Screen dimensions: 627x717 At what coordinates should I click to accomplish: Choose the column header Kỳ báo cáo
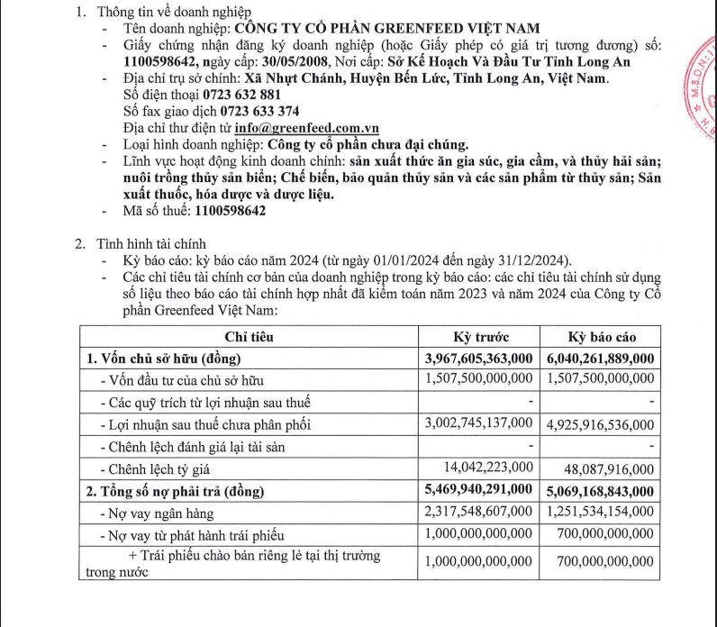click(602, 338)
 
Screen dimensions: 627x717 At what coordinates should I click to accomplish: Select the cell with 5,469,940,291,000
click(478, 490)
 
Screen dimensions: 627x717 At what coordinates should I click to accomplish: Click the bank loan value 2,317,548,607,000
click(478, 512)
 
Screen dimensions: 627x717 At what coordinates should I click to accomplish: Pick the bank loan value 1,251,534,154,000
click(600, 512)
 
